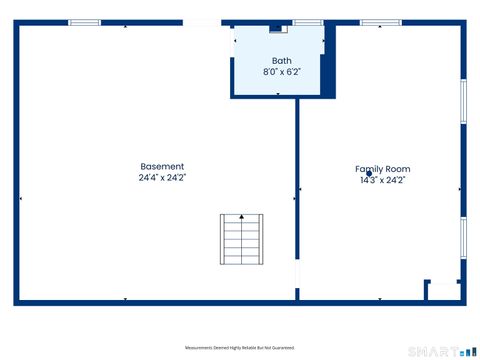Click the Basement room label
(162, 167)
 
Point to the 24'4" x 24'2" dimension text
(162, 177)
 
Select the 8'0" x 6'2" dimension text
(281, 72)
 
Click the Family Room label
(382, 170)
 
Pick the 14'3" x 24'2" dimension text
(382, 181)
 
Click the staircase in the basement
(241, 240)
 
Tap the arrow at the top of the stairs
(241, 218)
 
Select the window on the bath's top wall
(308, 22)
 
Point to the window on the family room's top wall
(380, 22)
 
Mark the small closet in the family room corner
(443, 290)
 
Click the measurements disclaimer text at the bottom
(240, 348)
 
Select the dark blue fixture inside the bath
(278, 29)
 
